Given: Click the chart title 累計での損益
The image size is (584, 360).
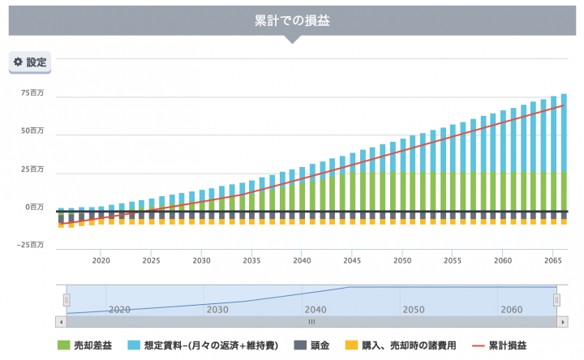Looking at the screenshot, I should (x=291, y=20).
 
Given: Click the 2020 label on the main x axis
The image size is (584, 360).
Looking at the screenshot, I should (x=101, y=261).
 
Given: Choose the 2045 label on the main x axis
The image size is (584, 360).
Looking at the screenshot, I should (x=352, y=261).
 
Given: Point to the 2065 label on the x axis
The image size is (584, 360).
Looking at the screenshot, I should (x=553, y=261).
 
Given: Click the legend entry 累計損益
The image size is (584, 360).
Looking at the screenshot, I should (x=508, y=345).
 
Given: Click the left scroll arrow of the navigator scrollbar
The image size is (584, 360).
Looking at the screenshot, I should (x=61, y=322).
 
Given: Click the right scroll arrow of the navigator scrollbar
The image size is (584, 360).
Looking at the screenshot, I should (x=562, y=322).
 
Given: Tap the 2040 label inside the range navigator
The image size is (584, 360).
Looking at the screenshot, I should (x=315, y=310).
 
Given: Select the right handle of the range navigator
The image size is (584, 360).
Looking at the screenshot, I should (x=556, y=300).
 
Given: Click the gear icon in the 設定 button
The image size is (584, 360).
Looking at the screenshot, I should (x=18, y=62).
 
